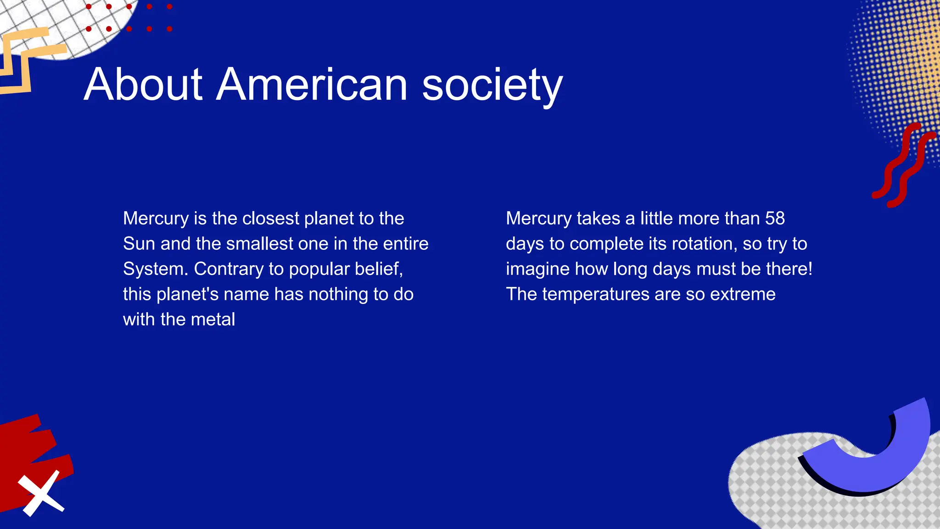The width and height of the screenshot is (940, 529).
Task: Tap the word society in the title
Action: click(492, 85)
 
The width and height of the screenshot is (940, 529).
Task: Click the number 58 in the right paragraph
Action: click(775, 218)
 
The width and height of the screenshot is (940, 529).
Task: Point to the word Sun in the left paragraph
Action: click(139, 243)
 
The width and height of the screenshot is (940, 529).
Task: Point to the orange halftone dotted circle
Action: click(900, 69)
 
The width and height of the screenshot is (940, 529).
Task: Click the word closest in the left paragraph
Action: click(270, 218)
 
